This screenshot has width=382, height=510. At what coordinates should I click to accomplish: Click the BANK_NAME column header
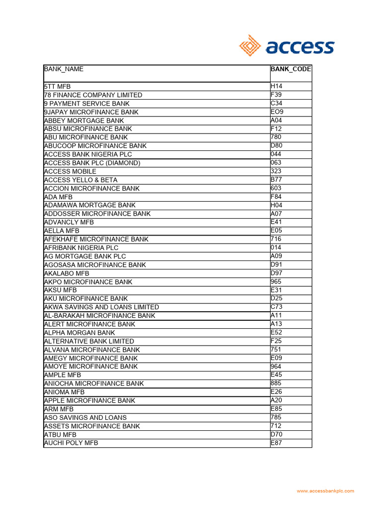(x=64, y=69)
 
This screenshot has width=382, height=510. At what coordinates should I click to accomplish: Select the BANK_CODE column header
(x=291, y=69)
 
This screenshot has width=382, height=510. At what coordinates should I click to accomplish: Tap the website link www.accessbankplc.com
(x=326, y=491)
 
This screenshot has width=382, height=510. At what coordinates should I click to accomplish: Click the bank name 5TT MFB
(x=58, y=87)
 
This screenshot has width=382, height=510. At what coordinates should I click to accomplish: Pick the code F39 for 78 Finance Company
(x=276, y=95)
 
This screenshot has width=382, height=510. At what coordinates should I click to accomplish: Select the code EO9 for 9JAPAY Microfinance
(x=277, y=112)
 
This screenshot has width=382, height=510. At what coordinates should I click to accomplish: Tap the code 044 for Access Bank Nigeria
(x=276, y=154)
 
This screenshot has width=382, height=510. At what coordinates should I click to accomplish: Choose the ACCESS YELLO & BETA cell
(x=81, y=180)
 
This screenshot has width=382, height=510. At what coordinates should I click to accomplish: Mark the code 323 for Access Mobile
(x=276, y=171)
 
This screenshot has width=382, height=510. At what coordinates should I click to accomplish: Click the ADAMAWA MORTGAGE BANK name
(x=90, y=205)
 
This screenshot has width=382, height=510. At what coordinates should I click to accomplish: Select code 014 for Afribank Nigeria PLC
(x=276, y=248)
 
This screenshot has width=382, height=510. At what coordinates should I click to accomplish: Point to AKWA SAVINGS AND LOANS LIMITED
(x=101, y=307)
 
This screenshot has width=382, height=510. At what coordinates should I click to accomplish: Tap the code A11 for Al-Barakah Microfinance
(x=276, y=316)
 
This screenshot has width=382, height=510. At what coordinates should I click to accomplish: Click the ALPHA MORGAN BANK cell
(x=80, y=333)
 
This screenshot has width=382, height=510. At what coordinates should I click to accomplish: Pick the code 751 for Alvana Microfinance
(x=276, y=350)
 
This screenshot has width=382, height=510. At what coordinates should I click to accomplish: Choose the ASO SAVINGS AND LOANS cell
(x=86, y=417)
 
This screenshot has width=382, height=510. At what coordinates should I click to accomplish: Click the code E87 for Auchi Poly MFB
(x=276, y=443)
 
